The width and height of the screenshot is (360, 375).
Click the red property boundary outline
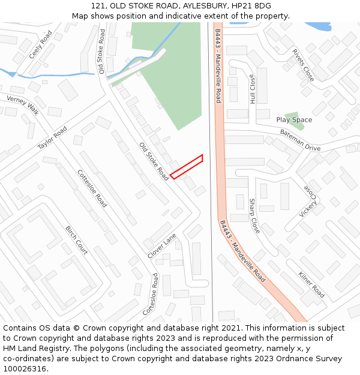point(187,167)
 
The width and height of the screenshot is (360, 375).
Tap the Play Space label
point(294,120)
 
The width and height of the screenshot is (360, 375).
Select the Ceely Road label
point(41,45)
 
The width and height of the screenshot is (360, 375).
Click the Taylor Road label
point(52,138)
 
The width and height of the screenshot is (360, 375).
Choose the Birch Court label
point(76,240)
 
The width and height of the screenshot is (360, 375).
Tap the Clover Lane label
point(161,246)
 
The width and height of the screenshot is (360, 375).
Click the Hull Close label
point(253,90)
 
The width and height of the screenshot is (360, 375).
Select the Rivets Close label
point(303,65)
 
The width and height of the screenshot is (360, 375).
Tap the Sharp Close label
point(254,216)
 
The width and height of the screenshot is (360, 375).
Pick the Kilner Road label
point(311,284)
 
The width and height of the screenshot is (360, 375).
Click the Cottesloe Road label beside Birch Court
point(92,188)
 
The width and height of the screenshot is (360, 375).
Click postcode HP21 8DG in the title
point(254,6)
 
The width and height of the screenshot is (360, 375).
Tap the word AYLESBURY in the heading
point(200,6)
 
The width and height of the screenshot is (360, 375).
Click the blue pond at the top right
point(318,26)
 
